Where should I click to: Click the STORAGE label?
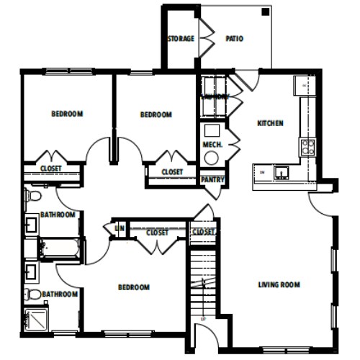[181, 38]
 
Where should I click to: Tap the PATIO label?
[234, 38]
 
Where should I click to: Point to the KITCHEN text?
[270, 123]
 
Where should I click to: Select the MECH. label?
[212, 144]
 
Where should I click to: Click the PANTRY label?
[212, 180]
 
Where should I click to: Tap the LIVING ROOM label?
[278, 284]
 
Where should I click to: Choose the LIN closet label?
[120, 228]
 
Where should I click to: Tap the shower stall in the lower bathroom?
[37, 318]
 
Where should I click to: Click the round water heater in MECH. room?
[212, 131]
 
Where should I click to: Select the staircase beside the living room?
[203, 281]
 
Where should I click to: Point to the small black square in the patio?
[265, 12]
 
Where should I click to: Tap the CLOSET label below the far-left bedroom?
[50, 168]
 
